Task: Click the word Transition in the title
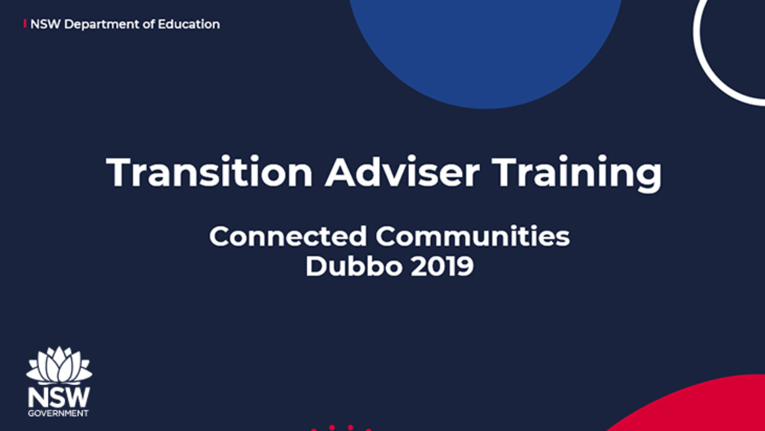pos(209,172)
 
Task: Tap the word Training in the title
pos(577,174)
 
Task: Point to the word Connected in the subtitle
pos(288,236)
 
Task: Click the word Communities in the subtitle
pos(473,236)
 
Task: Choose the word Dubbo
pos(353,266)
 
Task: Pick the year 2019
pos(442,266)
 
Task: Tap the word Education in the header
pos(189,25)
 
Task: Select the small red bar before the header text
pos(25,23)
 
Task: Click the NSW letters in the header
pos(45,25)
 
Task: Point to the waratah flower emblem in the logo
pos(59,365)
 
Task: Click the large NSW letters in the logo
pos(59,397)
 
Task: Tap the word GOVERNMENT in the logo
pos(59,413)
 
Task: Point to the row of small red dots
pos(341,428)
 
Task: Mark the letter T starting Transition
pos(120,172)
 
